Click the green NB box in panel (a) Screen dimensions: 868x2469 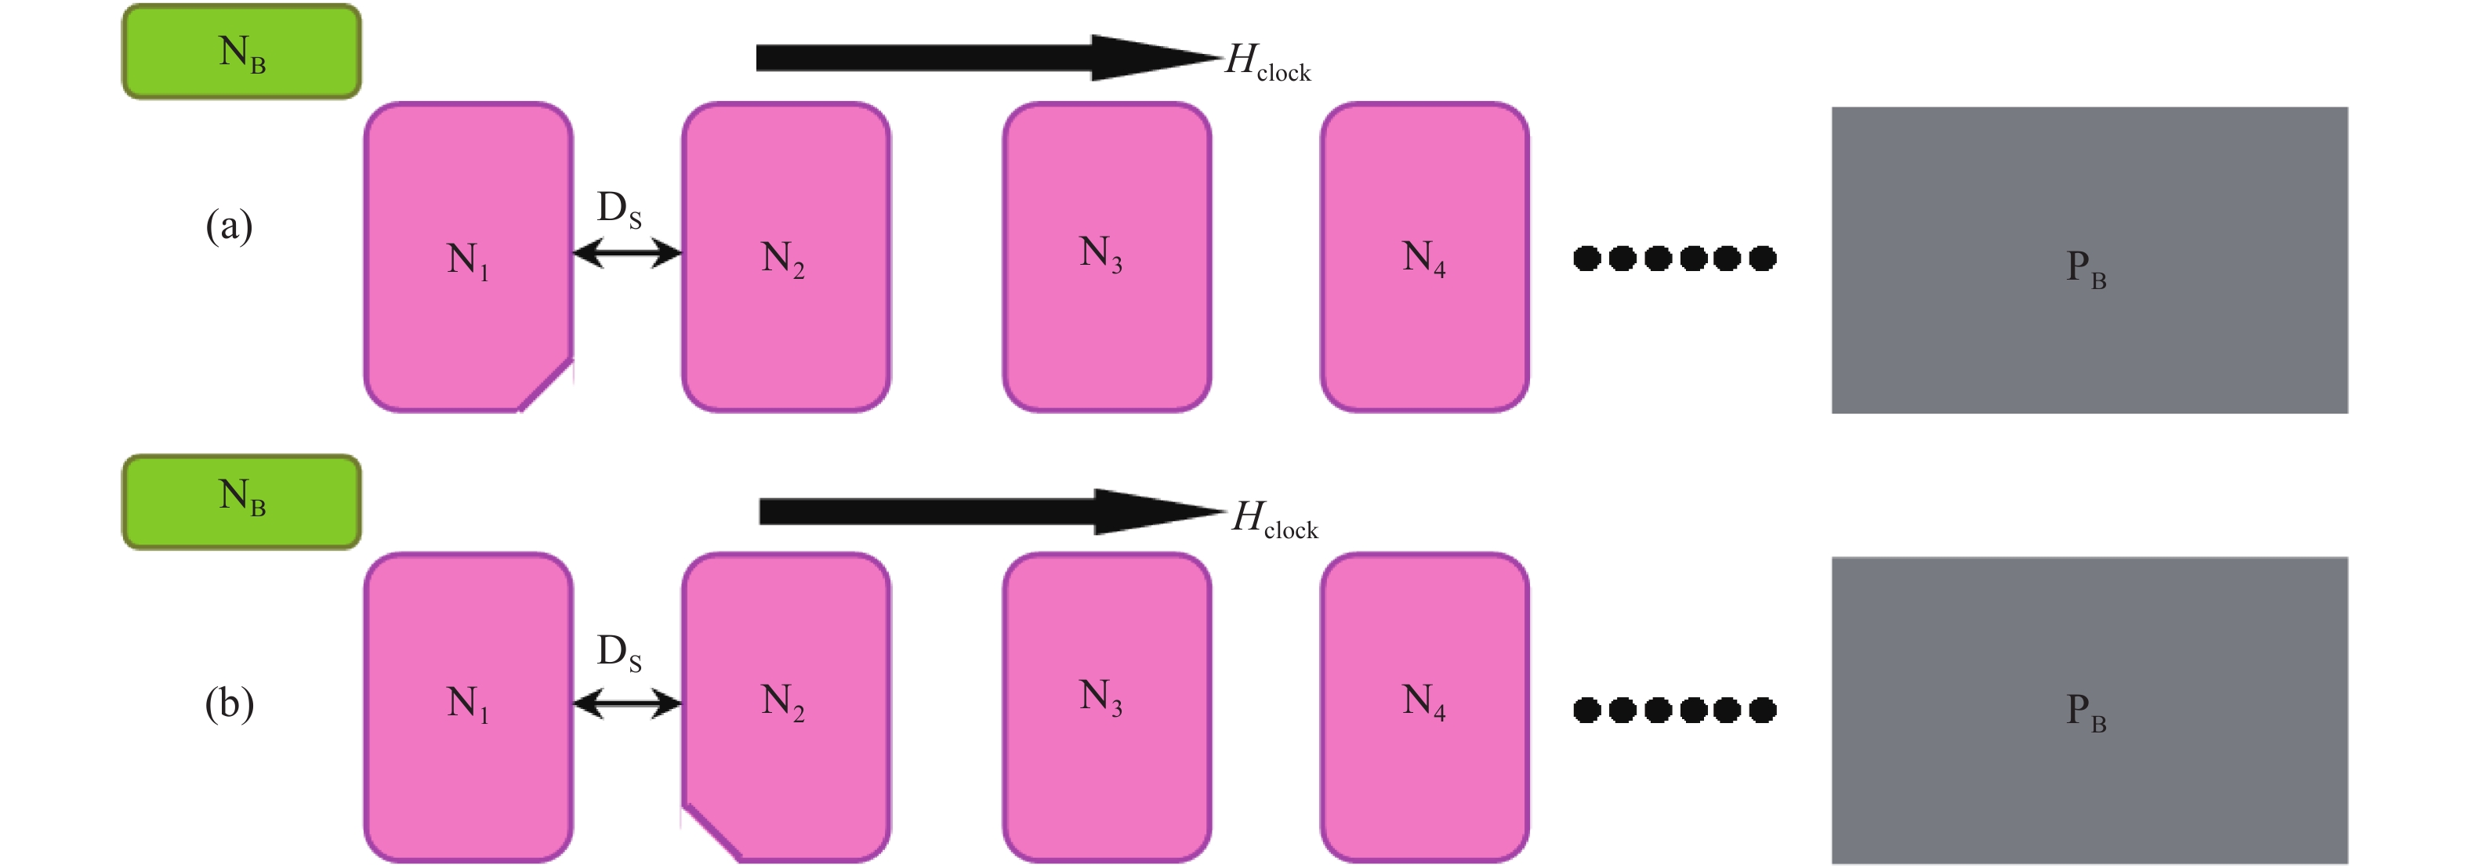click(x=241, y=52)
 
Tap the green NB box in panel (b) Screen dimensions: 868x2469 click(x=241, y=501)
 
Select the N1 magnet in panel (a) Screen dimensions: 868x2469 click(x=468, y=257)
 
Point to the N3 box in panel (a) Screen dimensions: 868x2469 click(x=1106, y=257)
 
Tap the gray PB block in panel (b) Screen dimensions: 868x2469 click(x=2089, y=710)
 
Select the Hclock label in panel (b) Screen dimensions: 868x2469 click(x=1274, y=519)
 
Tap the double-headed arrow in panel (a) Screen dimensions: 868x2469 click(x=627, y=253)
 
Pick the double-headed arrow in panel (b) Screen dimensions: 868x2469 click(x=627, y=704)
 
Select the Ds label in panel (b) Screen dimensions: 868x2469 click(x=619, y=653)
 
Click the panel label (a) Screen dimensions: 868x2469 click(x=229, y=227)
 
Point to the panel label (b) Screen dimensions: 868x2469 click(x=229, y=704)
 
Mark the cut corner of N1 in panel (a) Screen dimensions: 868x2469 click(x=547, y=385)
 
